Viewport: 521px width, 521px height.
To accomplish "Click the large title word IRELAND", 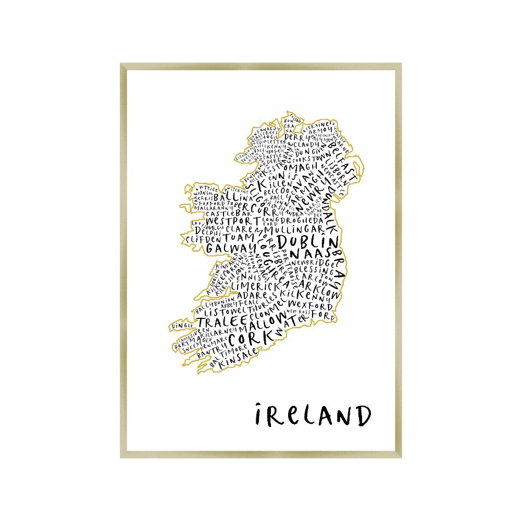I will pos(313,415).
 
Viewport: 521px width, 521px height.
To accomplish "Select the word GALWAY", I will pos(226,249).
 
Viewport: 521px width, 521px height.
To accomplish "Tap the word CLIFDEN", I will pos(201,238).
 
